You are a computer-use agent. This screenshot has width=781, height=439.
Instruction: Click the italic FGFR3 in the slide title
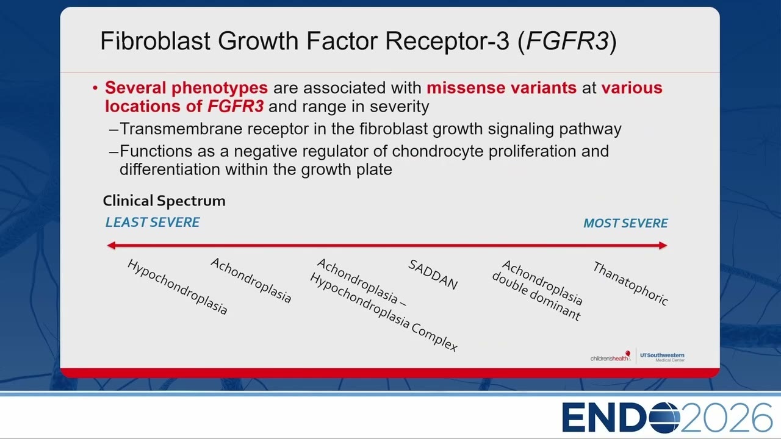[x=567, y=41]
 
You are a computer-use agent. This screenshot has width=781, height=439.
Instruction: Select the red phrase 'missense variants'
[x=502, y=87]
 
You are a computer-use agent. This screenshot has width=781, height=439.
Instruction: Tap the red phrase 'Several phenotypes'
[x=187, y=88]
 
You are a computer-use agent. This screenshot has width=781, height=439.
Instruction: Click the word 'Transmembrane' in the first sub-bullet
[x=181, y=129]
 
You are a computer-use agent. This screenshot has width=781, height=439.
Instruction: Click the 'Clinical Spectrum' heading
[x=164, y=201]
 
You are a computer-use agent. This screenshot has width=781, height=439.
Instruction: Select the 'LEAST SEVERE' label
[x=153, y=223]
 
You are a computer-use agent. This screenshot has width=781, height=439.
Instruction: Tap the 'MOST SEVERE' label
[x=625, y=223]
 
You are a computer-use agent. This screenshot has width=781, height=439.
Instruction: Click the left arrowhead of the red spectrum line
[x=111, y=246]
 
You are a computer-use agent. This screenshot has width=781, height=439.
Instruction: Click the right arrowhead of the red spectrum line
[x=663, y=246]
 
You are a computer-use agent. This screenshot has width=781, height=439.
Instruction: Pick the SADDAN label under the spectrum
[x=433, y=275]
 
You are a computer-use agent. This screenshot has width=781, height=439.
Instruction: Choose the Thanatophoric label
[x=630, y=284]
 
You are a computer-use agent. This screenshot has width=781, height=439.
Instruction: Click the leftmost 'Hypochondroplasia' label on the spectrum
[x=177, y=287]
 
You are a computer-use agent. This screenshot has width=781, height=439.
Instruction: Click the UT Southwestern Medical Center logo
[x=662, y=357]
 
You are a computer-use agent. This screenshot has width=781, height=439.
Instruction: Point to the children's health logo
[x=611, y=357]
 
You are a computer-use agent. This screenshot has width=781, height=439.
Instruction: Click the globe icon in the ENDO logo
[x=664, y=418]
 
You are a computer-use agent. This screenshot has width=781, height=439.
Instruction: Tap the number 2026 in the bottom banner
[x=726, y=418]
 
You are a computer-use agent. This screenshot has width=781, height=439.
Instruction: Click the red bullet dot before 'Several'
[x=95, y=88]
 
